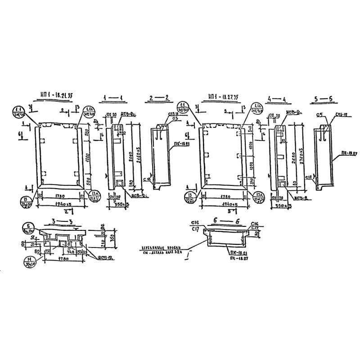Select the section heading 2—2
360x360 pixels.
pos(160,98)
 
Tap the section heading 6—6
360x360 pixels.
pos(223,221)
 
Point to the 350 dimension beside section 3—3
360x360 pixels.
pos(110,236)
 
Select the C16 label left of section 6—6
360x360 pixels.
pos(194,224)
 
